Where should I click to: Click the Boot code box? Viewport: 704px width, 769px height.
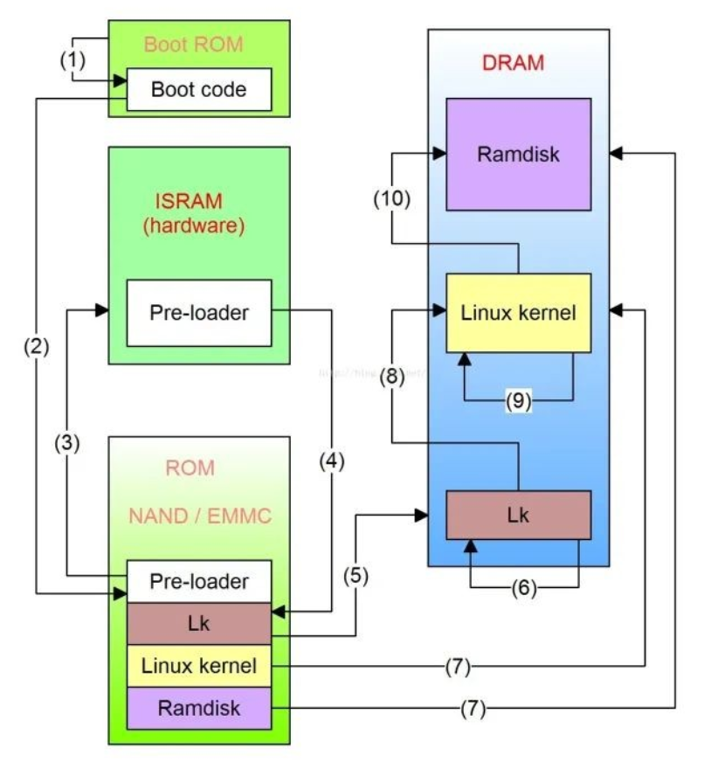point(199,89)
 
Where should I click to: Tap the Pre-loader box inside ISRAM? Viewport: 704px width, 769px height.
point(199,312)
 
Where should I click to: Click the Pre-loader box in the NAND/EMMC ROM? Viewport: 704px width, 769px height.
point(199,581)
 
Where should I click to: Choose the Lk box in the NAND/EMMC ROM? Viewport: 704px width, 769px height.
point(199,624)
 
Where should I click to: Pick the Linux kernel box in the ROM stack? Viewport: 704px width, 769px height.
point(199,667)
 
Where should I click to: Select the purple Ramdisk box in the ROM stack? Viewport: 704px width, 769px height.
point(199,708)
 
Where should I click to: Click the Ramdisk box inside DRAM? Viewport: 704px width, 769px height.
point(518,155)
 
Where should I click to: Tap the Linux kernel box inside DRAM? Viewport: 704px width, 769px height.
point(518,313)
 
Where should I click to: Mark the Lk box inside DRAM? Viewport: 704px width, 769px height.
point(518,515)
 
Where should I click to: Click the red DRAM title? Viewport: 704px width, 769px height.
point(513,63)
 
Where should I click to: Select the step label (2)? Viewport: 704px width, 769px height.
point(37,346)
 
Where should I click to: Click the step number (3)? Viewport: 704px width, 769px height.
point(66,443)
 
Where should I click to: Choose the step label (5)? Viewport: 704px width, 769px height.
point(356,576)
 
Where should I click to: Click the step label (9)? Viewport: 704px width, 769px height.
point(519,401)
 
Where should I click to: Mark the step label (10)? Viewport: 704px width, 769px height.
point(390,199)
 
